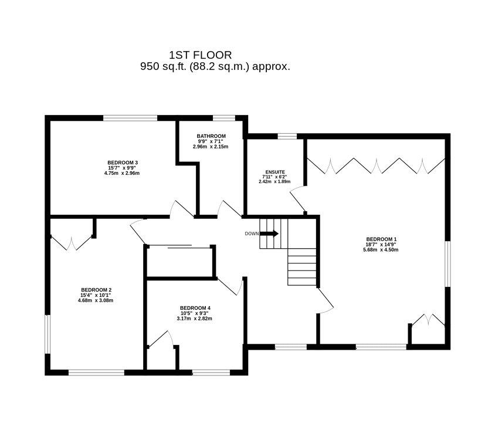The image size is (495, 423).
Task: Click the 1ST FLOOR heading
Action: click(x=201, y=55)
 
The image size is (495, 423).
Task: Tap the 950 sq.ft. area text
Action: click(x=215, y=67)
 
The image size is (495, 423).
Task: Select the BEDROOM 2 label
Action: click(x=96, y=290)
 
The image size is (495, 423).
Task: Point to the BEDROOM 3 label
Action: click(x=123, y=163)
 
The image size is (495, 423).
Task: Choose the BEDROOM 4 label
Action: click(x=195, y=308)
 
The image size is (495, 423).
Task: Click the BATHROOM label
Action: click(x=211, y=136)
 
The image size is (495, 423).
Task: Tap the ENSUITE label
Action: click(x=275, y=172)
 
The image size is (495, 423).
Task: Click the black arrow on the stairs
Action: click(x=269, y=234)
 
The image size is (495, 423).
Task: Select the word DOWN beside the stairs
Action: click(x=252, y=234)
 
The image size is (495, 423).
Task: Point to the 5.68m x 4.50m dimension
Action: click(x=381, y=250)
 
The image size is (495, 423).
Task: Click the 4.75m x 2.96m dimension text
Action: click(x=122, y=173)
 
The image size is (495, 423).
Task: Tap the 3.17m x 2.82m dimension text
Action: click(x=195, y=319)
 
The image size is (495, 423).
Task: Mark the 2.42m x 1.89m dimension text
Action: click(x=274, y=182)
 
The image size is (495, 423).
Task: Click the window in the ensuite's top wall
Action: click(x=287, y=136)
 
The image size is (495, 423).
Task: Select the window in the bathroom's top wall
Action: click(x=224, y=118)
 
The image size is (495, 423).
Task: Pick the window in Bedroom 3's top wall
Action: click(x=130, y=118)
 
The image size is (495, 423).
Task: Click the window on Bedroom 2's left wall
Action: click(x=48, y=334)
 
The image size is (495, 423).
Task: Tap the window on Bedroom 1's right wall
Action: click(x=447, y=265)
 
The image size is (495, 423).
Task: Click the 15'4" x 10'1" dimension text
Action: click(x=96, y=295)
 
